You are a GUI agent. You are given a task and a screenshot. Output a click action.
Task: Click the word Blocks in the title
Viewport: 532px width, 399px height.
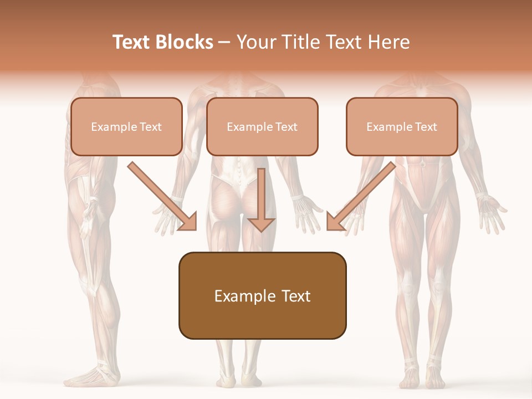point(184,42)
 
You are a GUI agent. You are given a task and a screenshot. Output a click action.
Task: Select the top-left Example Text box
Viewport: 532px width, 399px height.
point(126,126)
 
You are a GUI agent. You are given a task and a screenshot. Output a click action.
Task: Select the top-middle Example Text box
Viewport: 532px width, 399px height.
point(262,126)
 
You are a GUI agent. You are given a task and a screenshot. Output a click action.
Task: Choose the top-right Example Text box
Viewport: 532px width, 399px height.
point(402,126)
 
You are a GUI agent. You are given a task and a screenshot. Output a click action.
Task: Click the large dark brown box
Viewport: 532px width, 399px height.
point(262,295)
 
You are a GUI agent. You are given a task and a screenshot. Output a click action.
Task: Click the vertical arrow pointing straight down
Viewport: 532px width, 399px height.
point(261,199)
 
